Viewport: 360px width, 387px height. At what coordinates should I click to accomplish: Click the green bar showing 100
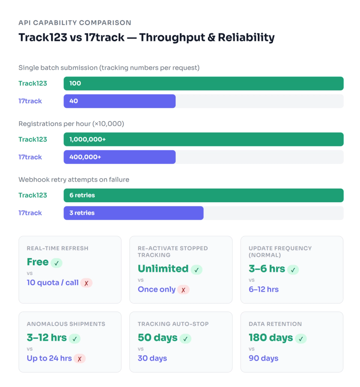[203, 84]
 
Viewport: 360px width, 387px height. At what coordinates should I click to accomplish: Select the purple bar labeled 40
[119, 101]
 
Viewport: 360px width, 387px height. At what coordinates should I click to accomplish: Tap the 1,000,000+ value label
[87, 139]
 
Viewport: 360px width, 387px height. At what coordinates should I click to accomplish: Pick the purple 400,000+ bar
[119, 157]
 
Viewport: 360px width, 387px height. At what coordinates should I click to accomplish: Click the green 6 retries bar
[203, 195]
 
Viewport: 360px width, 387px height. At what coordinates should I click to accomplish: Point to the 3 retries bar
[133, 213]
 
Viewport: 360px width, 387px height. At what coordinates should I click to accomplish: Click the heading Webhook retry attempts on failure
[74, 179]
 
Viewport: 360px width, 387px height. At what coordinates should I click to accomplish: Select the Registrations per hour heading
[71, 124]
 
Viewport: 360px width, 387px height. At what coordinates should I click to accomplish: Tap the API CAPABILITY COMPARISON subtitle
[75, 23]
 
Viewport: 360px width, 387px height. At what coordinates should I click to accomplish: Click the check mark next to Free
[56, 263]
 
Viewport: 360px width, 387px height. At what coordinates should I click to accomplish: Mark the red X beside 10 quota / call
[86, 283]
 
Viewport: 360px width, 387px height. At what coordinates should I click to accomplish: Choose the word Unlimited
[163, 269]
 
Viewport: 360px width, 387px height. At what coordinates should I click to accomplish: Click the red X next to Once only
[183, 290]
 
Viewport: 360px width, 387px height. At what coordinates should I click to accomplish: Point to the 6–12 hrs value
[264, 289]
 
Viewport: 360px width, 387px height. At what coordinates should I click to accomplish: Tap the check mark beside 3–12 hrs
[74, 339]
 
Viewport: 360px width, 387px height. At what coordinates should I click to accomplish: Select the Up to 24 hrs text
[49, 358]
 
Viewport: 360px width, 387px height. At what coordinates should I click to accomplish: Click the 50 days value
[157, 338]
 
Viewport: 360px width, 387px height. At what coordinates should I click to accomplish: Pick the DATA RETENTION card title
[275, 324]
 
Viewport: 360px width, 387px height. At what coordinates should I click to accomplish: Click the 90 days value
[264, 358]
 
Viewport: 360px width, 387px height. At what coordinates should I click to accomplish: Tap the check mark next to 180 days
[300, 339]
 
